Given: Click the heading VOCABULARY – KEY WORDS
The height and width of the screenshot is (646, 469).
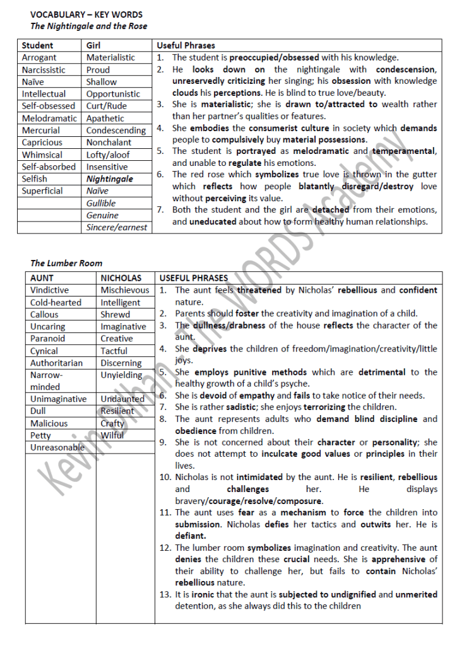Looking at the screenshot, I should click(x=86, y=15).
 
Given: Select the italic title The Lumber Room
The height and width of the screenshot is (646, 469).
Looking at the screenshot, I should click(x=66, y=263).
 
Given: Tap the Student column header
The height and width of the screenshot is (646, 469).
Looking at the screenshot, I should click(x=38, y=45).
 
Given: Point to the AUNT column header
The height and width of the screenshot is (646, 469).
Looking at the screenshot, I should click(x=42, y=278).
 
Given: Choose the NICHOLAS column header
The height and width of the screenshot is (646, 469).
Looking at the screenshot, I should click(x=121, y=278).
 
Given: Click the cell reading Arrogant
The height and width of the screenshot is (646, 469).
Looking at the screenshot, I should click(x=39, y=57).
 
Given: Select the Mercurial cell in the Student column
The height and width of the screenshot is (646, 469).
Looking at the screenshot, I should click(x=41, y=131).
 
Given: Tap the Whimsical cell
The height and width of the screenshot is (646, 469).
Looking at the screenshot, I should click(x=42, y=155).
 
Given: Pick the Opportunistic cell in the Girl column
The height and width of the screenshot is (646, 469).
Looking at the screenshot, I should click(x=114, y=94).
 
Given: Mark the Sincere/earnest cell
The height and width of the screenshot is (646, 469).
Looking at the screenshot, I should click(x=117, y=227).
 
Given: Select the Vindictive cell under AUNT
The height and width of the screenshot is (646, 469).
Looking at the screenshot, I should click(x=50, y=290).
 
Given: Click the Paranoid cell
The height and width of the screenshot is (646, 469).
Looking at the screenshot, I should click(x=47, y=338).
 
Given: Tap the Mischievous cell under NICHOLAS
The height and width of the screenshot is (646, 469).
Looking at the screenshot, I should click(x=125, y=290).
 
